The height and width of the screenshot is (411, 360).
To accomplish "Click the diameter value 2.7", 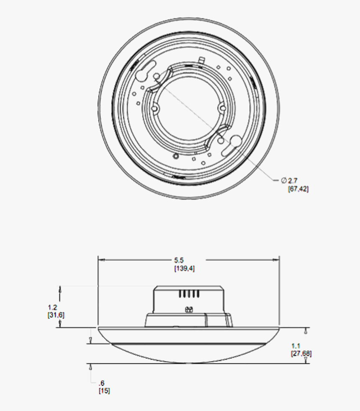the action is pos(293,181).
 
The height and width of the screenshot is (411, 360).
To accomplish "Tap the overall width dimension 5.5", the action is pos(179,260).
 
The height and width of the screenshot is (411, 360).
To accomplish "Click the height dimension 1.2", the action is pos(52,307).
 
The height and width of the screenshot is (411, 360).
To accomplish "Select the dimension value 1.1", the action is pos(296,346).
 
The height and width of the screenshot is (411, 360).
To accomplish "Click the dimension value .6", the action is pos(102,383).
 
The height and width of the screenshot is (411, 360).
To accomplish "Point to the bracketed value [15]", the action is pos(104,390).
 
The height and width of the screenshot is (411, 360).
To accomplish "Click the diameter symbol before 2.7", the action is pos(284,180).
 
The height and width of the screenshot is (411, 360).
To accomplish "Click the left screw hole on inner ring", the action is pos(155,108).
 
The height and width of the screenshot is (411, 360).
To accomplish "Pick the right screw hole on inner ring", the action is pos(222,108).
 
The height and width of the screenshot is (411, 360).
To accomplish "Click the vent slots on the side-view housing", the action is pos(189,294).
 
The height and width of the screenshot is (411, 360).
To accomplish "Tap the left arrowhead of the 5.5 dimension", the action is pos(101,260).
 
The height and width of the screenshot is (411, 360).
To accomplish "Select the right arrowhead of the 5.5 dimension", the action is pos(276,260).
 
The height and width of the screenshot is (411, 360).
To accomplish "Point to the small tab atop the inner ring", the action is pos(201,60).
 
